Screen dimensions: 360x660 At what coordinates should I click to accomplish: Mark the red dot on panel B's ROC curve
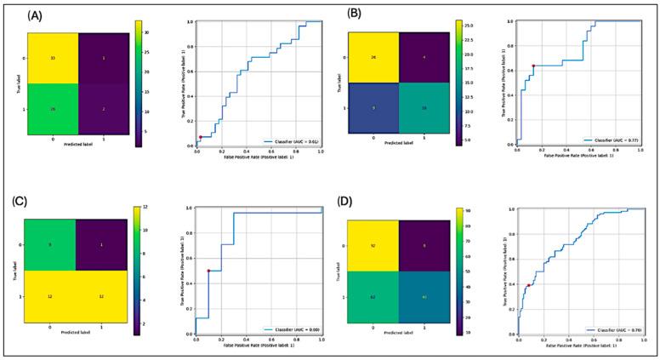point(533,66)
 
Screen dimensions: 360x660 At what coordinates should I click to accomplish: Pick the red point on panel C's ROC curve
point(208,271)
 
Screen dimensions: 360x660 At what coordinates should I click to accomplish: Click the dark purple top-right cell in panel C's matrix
point(101,245)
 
